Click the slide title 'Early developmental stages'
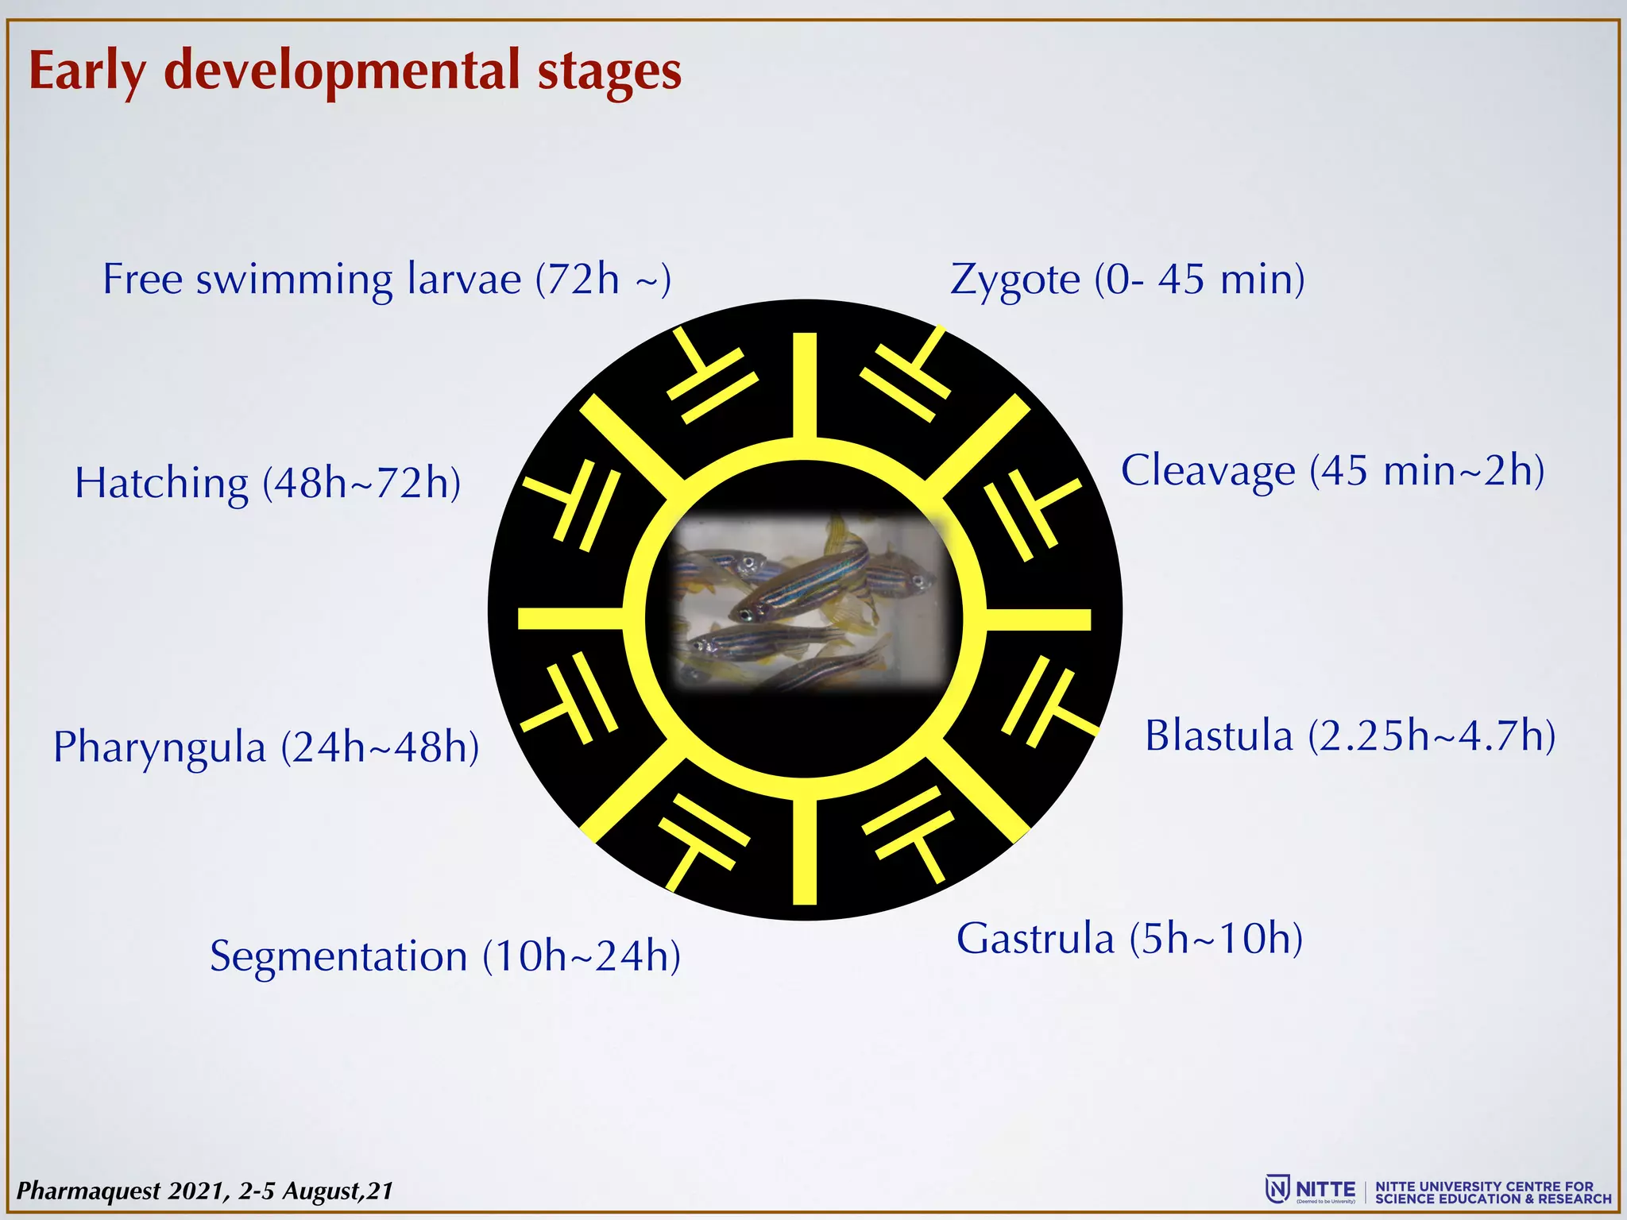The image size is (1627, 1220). pos(355,71)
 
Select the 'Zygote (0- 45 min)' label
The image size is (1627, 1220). pos(1127,280)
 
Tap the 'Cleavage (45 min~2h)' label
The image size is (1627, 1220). pos(1332,470)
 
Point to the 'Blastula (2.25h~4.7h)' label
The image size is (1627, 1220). pos(1350,735)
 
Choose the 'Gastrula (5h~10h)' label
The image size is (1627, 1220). pos(1129,939)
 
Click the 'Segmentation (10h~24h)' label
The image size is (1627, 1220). pos(445,956)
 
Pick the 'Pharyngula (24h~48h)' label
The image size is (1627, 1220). pos(266,748)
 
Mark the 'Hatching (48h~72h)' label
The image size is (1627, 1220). pos(268,484)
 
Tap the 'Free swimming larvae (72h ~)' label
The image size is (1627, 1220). pos(387,280)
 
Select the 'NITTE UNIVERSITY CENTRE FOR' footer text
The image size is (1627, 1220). pos(1484,1186)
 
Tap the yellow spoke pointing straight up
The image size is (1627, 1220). pos(805,385)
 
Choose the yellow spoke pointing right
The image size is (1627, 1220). pos(1038,619)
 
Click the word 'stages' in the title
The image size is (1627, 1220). pos(609,71)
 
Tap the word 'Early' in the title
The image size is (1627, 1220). pos(87,71)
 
